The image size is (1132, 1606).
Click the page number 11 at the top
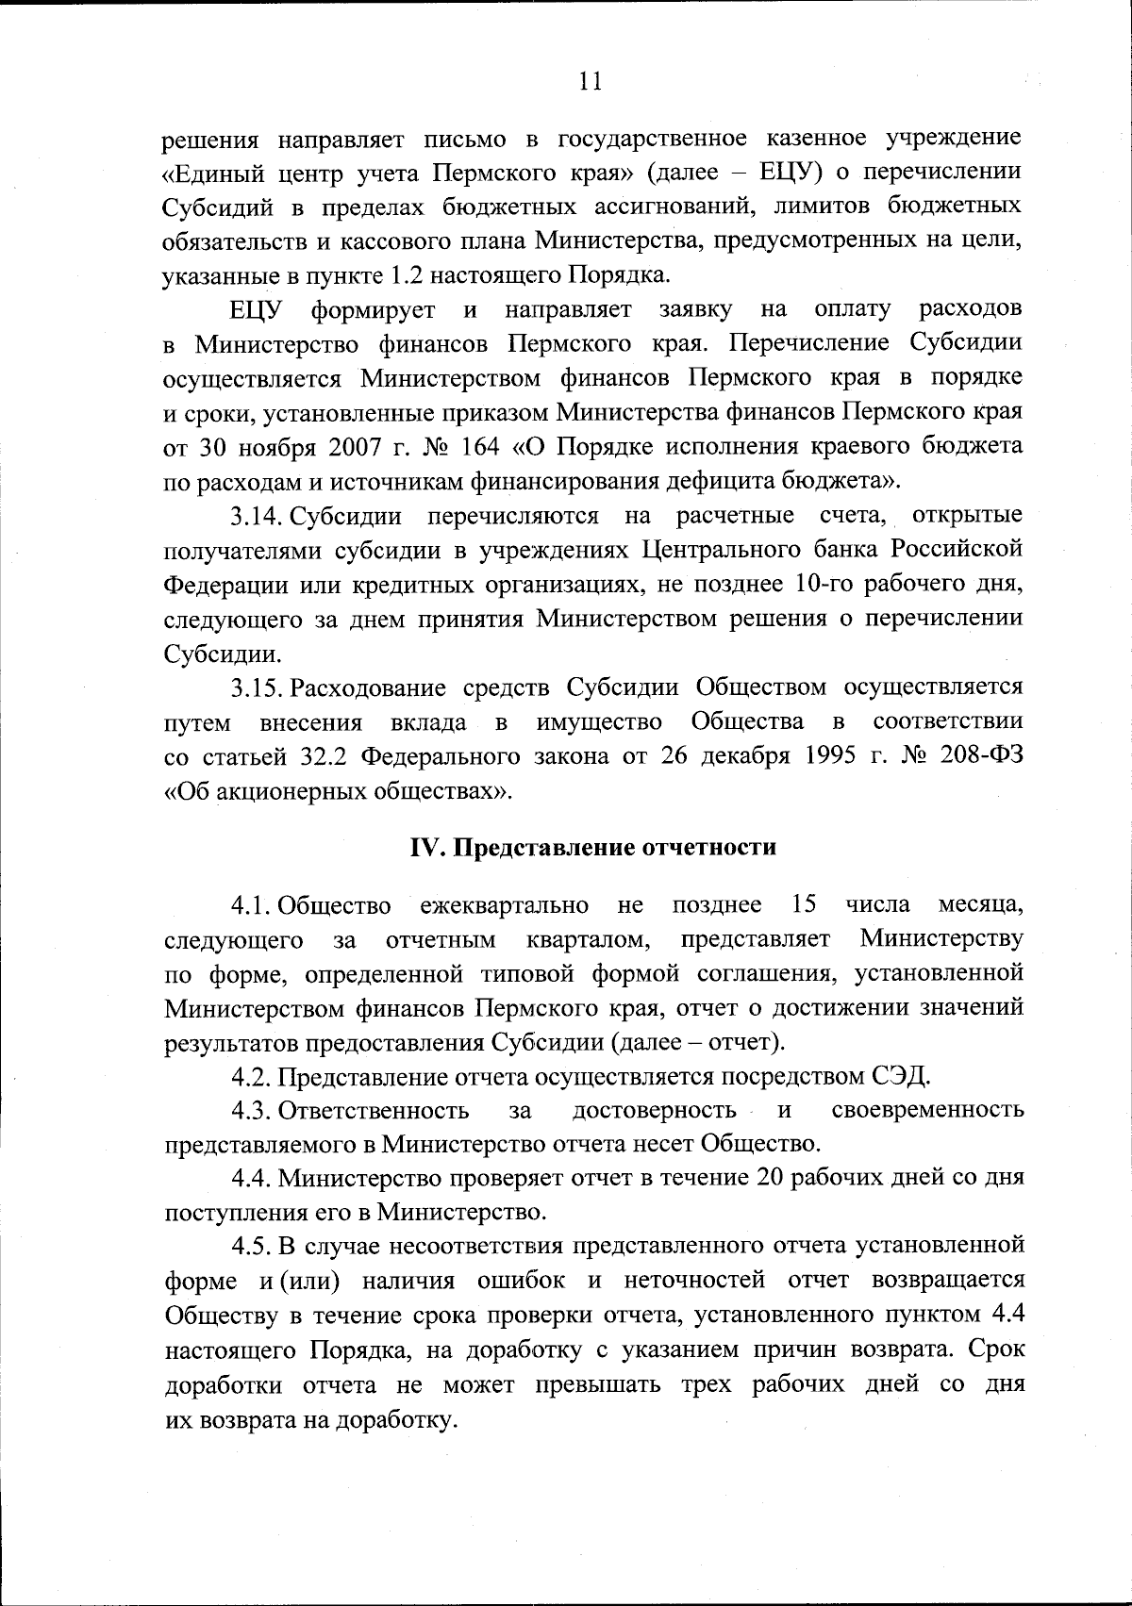(x=589, y=81)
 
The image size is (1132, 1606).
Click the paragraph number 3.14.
(x=258, y=516)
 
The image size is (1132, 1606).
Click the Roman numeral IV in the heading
(x=425, y=847)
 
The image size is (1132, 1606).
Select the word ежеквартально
(x=505, y=906)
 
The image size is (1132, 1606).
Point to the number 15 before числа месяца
(x=803, y=905)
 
